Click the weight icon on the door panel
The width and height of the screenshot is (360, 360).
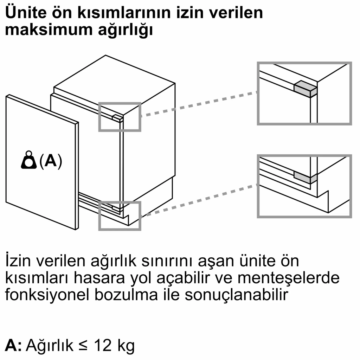click(29, 161)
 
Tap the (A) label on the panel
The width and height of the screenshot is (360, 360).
click(50, 161)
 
